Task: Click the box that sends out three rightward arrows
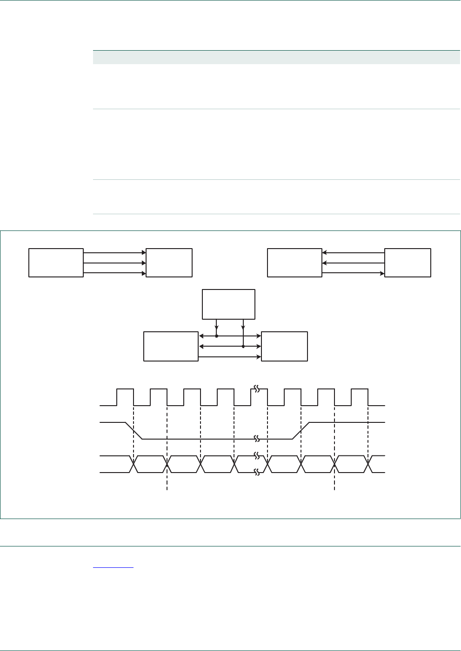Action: (56, 263)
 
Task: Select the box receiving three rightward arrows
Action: (169, 263)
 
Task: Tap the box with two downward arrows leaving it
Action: (228, 304)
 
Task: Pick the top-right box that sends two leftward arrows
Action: (408, 263)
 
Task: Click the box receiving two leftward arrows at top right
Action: (294, 263)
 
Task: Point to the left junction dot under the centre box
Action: (216, 336)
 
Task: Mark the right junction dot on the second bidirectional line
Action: (243, 346)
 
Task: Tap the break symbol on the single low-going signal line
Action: (255, 439)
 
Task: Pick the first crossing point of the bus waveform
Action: (134, 464)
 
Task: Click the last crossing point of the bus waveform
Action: (368, 464)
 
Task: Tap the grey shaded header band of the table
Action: (276, 57)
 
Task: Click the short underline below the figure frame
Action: (113, 568)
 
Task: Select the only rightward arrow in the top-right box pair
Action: (353, 273)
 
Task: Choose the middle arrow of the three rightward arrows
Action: (114, 263)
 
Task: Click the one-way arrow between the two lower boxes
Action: (230, 357)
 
